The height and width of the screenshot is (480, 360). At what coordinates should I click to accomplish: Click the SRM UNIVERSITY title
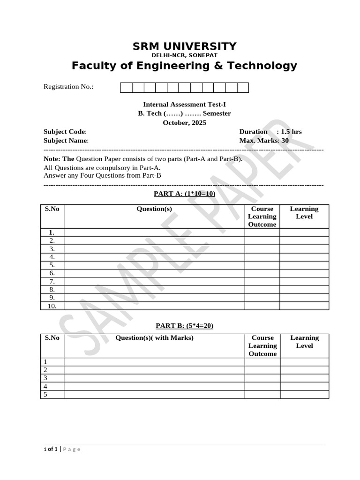coord(184,46)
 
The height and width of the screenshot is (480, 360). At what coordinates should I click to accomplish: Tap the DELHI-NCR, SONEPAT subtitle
coord(184,55)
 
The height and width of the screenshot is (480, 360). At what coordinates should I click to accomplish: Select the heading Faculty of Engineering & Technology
coord(184,66)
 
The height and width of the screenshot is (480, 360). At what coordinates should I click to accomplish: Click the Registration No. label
coord(68,87)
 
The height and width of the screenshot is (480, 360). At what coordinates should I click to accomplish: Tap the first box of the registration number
coord(126,88)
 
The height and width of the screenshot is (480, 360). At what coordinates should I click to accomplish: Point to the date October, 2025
coord(184,123)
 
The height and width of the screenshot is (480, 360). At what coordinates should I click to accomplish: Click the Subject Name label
coord(66,140)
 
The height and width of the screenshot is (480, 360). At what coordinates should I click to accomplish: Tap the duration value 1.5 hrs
coord(291,132)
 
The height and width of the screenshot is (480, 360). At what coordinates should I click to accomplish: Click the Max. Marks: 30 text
coord(264,140)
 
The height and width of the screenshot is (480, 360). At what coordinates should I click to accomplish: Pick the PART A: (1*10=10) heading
coord(184,194)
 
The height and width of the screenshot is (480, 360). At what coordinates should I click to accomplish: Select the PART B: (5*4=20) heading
coord(184,325)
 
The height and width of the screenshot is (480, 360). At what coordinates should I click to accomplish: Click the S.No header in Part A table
coord(52,209)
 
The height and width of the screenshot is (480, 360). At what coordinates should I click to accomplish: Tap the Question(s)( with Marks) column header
coord(154,338)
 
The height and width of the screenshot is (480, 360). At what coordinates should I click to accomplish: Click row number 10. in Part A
coord(52,306)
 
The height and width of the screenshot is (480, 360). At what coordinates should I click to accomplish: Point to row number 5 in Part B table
coord(45,394)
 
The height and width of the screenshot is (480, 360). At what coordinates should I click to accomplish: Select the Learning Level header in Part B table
coord(304,342)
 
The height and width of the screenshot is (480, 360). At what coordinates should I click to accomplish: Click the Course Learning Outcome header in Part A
coord(262,217)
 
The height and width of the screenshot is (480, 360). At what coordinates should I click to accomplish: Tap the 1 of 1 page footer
coord(51,449)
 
